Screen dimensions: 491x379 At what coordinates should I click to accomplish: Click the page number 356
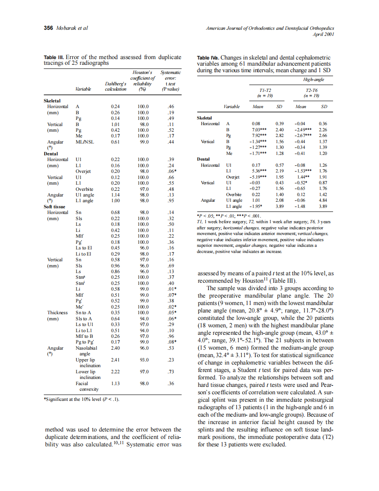49,28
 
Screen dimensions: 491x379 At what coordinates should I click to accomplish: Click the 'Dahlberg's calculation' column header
116,86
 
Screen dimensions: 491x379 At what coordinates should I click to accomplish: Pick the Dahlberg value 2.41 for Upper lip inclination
116,360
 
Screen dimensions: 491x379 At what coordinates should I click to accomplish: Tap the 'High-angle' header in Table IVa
314,80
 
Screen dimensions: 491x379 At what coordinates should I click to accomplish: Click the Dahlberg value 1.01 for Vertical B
116,124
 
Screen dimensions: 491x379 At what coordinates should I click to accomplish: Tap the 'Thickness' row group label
57,312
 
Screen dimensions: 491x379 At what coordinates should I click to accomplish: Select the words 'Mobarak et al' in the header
72,28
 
